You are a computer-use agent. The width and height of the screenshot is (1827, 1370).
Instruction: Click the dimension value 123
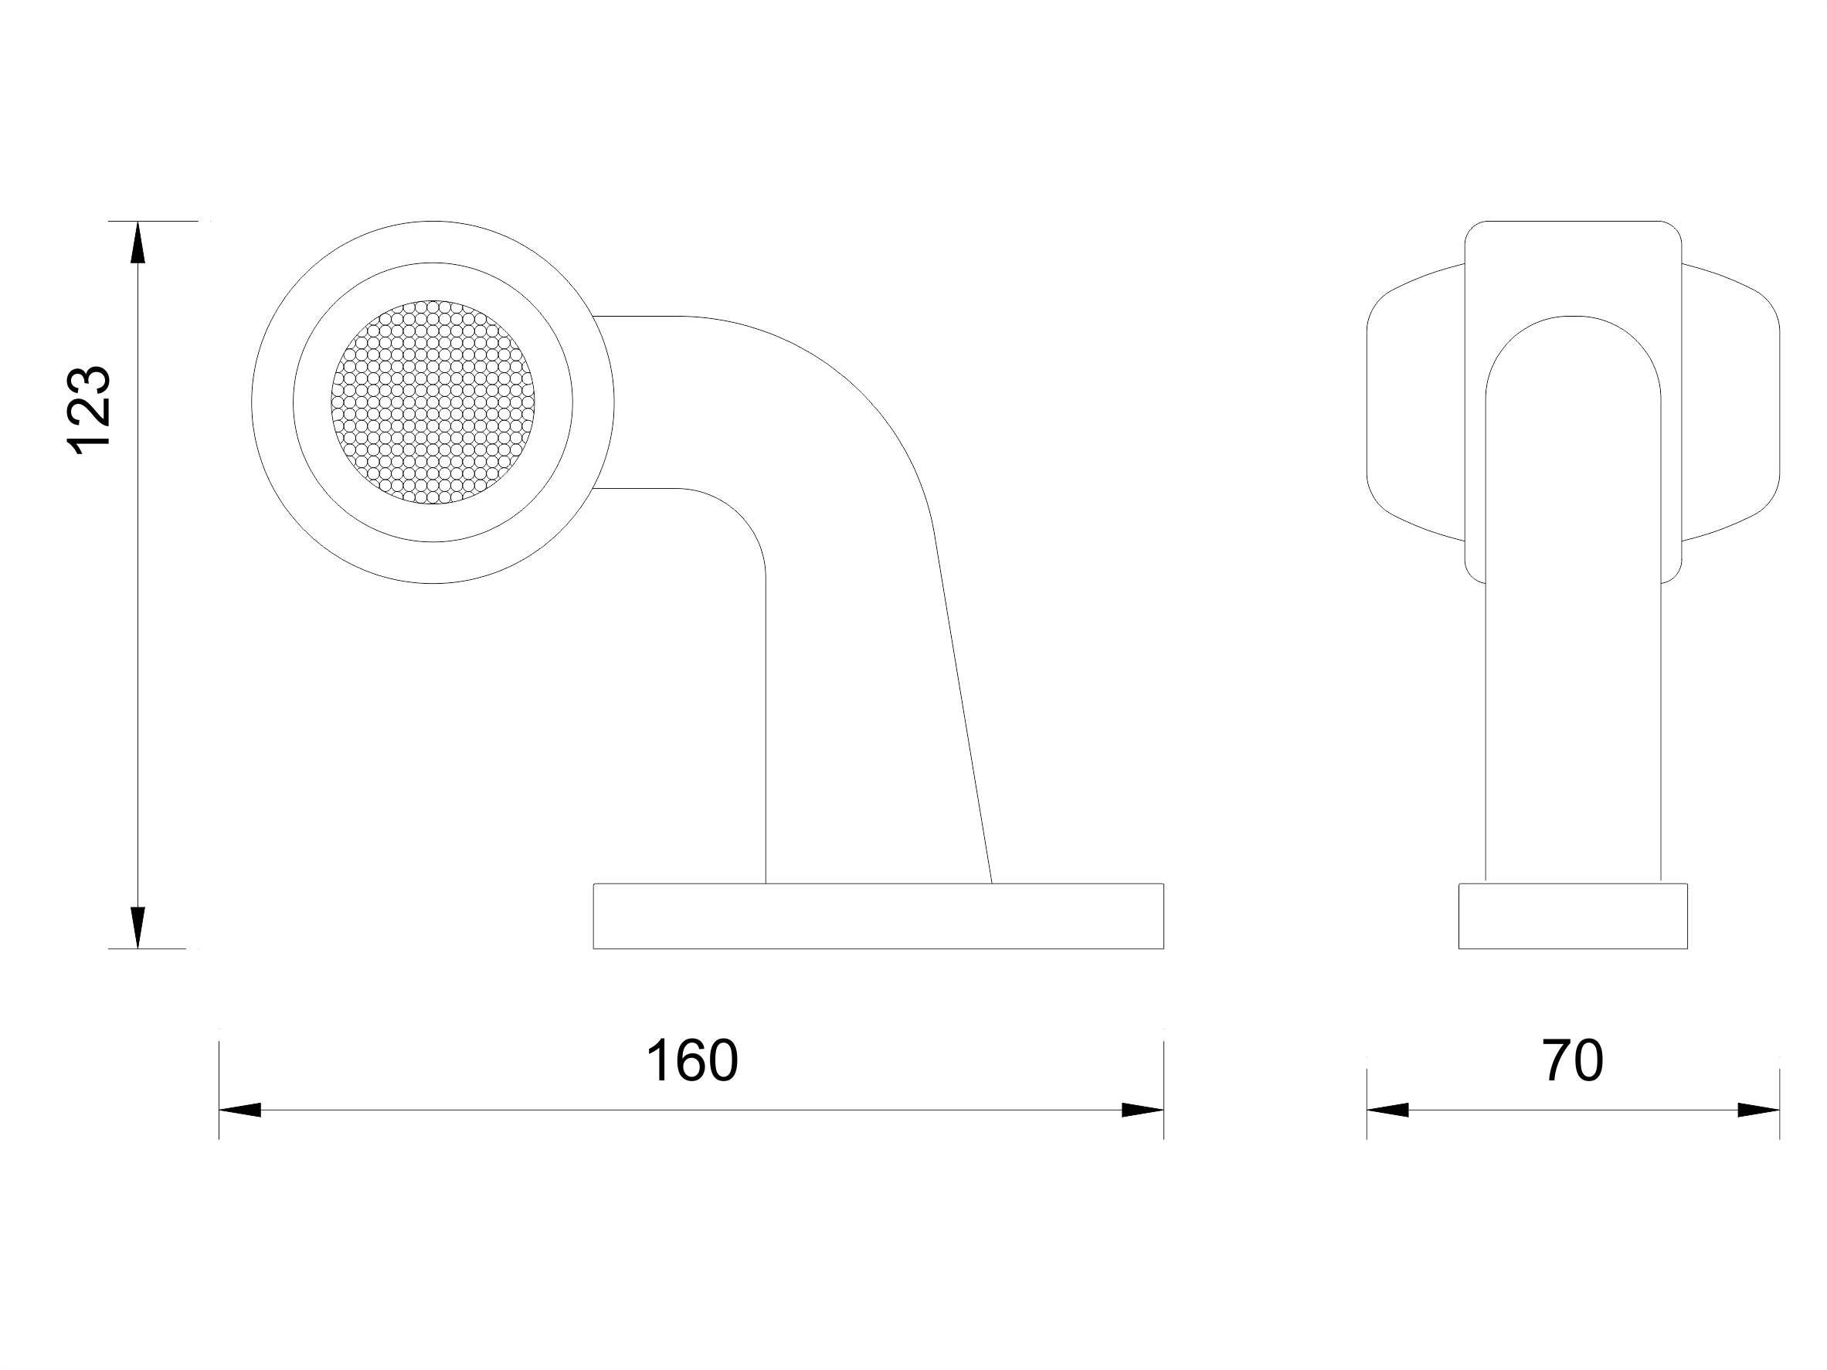88,410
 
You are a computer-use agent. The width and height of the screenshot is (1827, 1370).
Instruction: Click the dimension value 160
691,1061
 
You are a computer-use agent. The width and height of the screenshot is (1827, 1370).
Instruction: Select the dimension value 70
1573,1061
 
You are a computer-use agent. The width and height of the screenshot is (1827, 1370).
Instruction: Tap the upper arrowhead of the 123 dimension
138,242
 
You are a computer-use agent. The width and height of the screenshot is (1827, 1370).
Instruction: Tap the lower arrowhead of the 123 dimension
138,927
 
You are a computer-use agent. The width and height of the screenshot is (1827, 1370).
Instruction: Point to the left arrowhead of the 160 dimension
239,1110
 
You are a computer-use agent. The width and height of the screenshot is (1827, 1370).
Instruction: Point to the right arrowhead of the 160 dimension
1143,1110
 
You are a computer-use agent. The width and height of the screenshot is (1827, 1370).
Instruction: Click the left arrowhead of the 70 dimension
1387,1110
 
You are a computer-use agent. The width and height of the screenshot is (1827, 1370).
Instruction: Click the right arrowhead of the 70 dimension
1758,1110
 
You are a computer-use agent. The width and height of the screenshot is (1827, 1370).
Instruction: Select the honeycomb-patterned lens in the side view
433,402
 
